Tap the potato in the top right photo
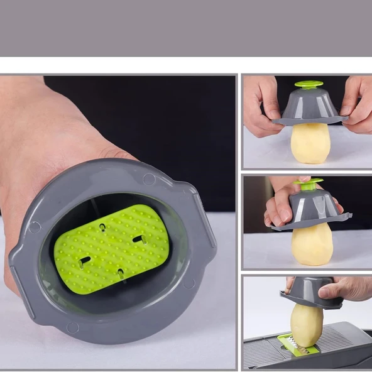click(x=310, y=143)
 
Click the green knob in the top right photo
click(x=309, y=84)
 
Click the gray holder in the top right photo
click(x=310, y=107)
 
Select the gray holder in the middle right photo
click(x=312, y=211)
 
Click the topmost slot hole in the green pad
click(x=102, y=226)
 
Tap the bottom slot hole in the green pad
click(x=120, y=273)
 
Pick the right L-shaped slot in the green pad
click(x=140, y=239)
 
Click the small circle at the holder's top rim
click(x=148, y=178)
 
